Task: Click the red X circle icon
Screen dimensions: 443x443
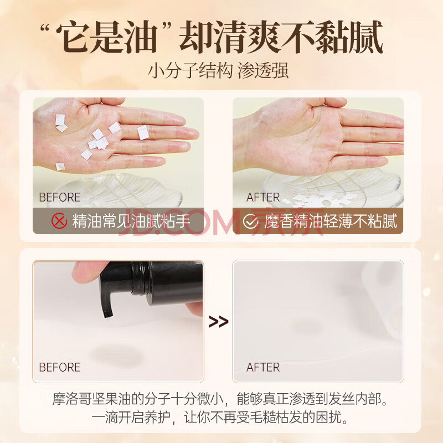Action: pyautogui.click(x=59, y=221)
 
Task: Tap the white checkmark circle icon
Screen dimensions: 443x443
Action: pyautogui.click(x=250, y=221)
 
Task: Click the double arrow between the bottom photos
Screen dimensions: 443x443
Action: pyautogui.click(x=218, y=322)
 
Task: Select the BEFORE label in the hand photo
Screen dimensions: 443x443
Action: pyautogui.click(x=59, y=197)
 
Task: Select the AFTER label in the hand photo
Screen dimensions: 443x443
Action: pyautogui.click(x=262, y=197)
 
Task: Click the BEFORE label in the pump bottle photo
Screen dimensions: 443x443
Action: pyautogui.click(x=59, y=367)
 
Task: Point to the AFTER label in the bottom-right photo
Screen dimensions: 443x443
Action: pyautogui.click(x=262, y=367)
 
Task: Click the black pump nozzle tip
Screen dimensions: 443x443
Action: pyautogui.click(x=108, y=314)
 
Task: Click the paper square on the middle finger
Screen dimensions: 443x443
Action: pyautogui.click(x=143, y=132)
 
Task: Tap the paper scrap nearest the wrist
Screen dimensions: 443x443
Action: pyautogui.click(x=60, y=167)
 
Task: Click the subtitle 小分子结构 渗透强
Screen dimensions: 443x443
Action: pyautogui.click(x=218, y=70)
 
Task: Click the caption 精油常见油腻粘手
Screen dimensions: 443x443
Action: pyautogui.click(x=131, y=221)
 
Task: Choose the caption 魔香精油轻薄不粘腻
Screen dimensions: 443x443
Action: pyautogui.click(x=331, y=221)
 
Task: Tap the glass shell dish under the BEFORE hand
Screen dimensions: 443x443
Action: pyautogui.click(x=119, y=190)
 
